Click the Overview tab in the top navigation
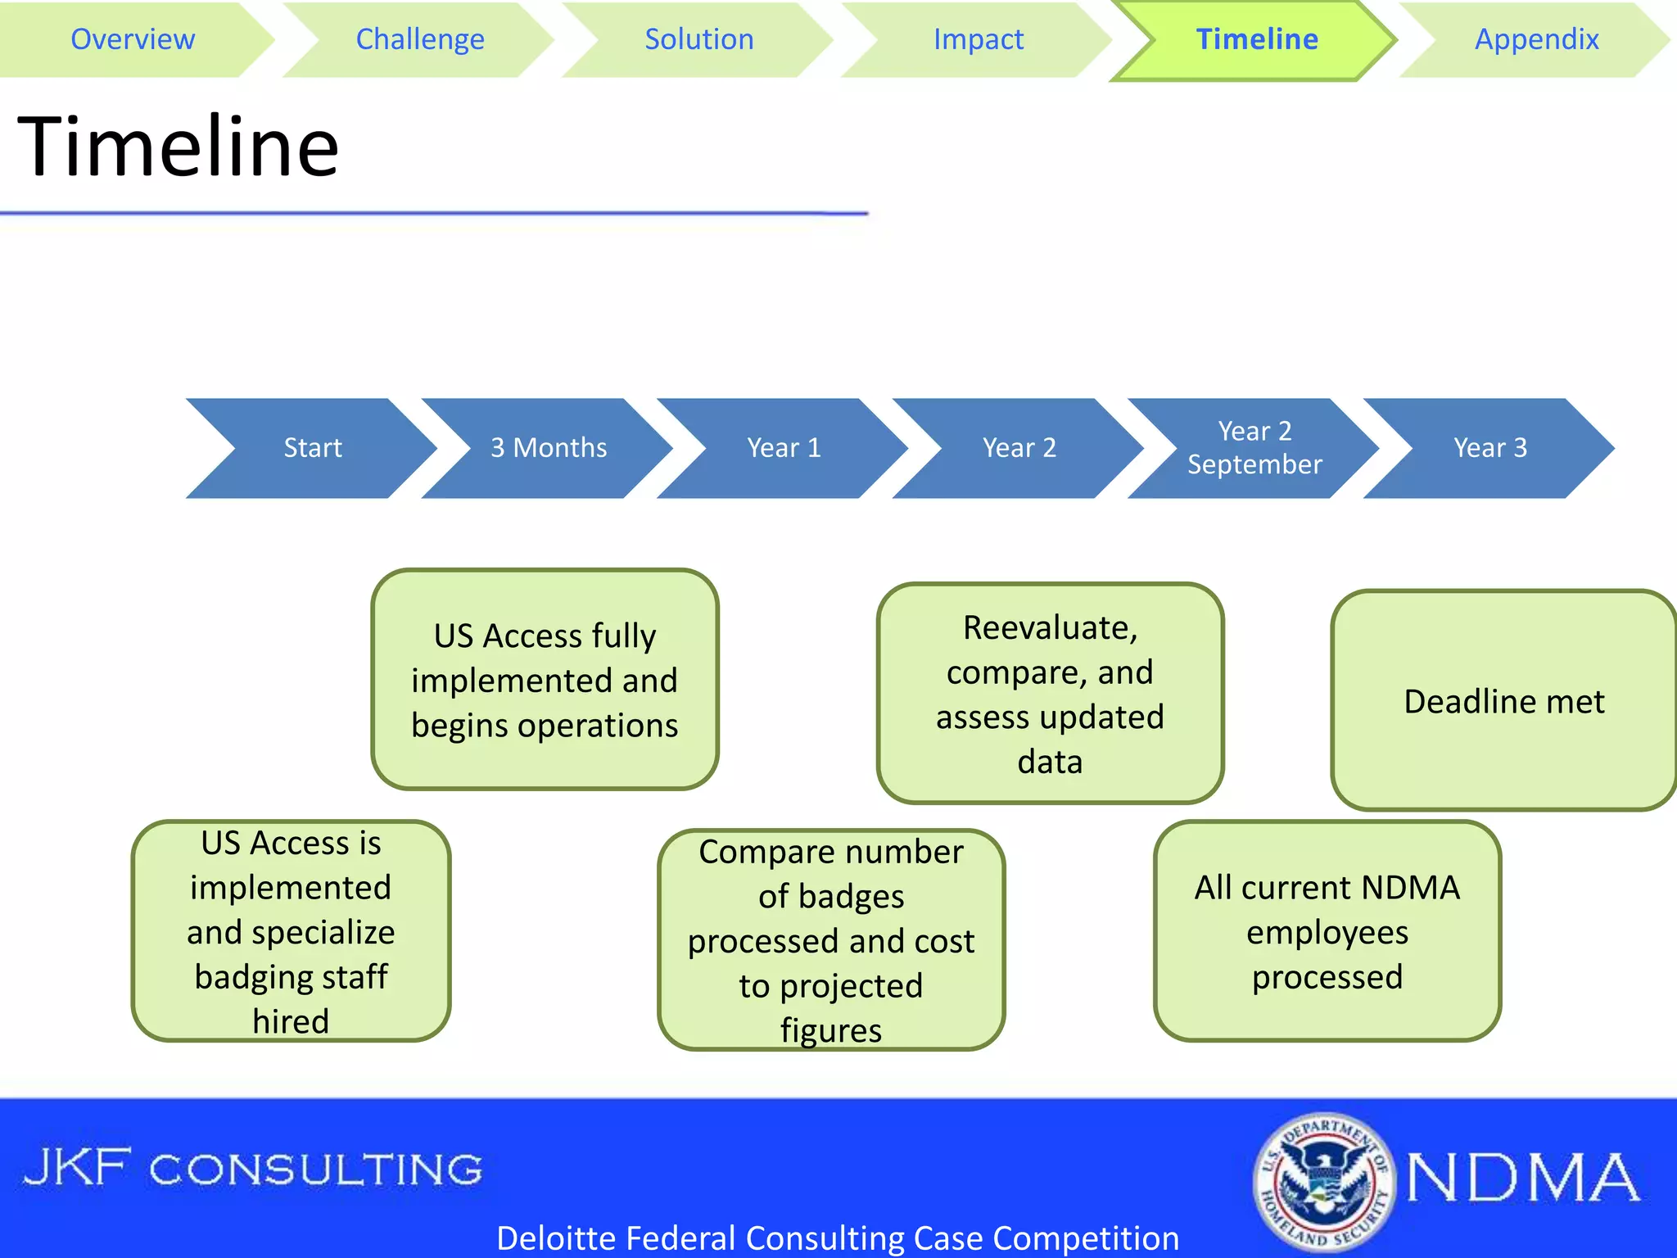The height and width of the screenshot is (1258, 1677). pyautogui.click(x=133, y=39)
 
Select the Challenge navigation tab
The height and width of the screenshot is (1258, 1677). pyautogui.click(x=419, y=39)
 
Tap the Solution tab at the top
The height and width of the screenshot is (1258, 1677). pyautogui.click(x=698, y=39)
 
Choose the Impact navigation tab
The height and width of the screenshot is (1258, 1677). pyautogui.click(x=978, y=39)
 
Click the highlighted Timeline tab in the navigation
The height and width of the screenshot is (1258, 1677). pyautogui.click(x=1256, y=39)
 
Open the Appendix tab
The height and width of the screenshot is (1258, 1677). pyautogui.click(x=1536, y=39)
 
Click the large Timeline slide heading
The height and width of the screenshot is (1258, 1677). pyautogui.click(x=178, y=147)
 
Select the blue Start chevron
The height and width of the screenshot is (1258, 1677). pyautogui.click(x=312, y=448)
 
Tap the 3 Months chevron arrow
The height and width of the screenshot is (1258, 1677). pyautogui.click(x=548, y=448)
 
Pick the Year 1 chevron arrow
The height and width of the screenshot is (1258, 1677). pyautogui.click(x=784, y=448)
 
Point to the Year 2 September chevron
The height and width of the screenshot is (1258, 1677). pyautogui.click(x=1254, y=448)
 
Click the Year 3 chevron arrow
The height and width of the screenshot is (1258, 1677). pyautogui.click(x=1489, y=448)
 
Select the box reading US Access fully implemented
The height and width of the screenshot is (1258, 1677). pyautogui.click(x=545, y=680)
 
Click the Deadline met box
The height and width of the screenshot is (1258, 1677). pyautogui.click(x=1503, y=701)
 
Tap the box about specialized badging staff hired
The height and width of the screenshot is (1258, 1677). pyautogui.click(x=291, y=931)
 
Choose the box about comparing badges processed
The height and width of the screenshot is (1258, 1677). pyautogui.click(x=831, y=940)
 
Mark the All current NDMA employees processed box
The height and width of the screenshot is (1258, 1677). pyautogui.click(x=1327, y=931)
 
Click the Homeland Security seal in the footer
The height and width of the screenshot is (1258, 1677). pyautogui.click(x=1323, y=1181)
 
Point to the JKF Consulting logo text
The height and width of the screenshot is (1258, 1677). pyautogui.click(x=253, y=1169)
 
